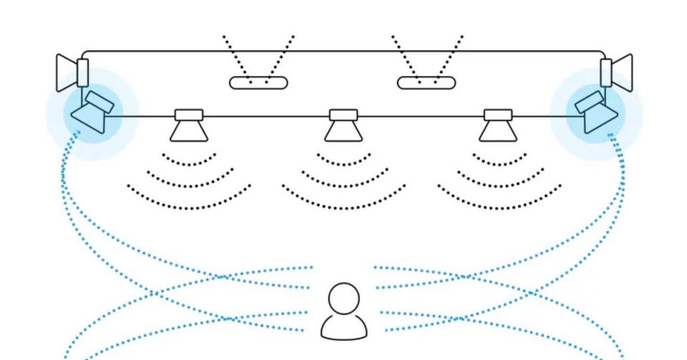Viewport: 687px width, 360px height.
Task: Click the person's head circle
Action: click(x=344, y=299)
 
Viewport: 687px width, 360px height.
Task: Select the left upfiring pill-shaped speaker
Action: click(x=258, y=83)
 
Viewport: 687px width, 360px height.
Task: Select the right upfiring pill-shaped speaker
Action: click(x=427, y=83)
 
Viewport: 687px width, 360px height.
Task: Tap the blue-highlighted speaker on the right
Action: click(x=595, y=113)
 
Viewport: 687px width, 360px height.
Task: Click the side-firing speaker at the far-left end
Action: click(x=72, y=72)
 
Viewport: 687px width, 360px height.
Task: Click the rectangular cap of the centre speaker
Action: click(x=343, y=115)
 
